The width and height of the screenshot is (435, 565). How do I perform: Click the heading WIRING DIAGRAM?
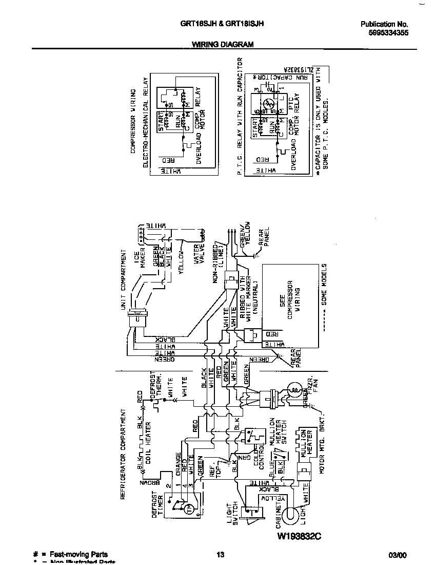(x=223, y=45)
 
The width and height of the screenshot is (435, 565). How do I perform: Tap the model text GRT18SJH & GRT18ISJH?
(x=223, y=23)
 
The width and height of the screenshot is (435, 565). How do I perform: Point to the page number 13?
(x=220, y=555)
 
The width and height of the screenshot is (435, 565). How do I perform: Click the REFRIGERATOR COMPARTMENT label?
(x=124, y=455)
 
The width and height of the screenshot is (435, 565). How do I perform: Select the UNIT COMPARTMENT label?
(x=124, y=282)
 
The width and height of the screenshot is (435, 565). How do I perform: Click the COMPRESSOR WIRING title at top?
(x=132, y=121)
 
